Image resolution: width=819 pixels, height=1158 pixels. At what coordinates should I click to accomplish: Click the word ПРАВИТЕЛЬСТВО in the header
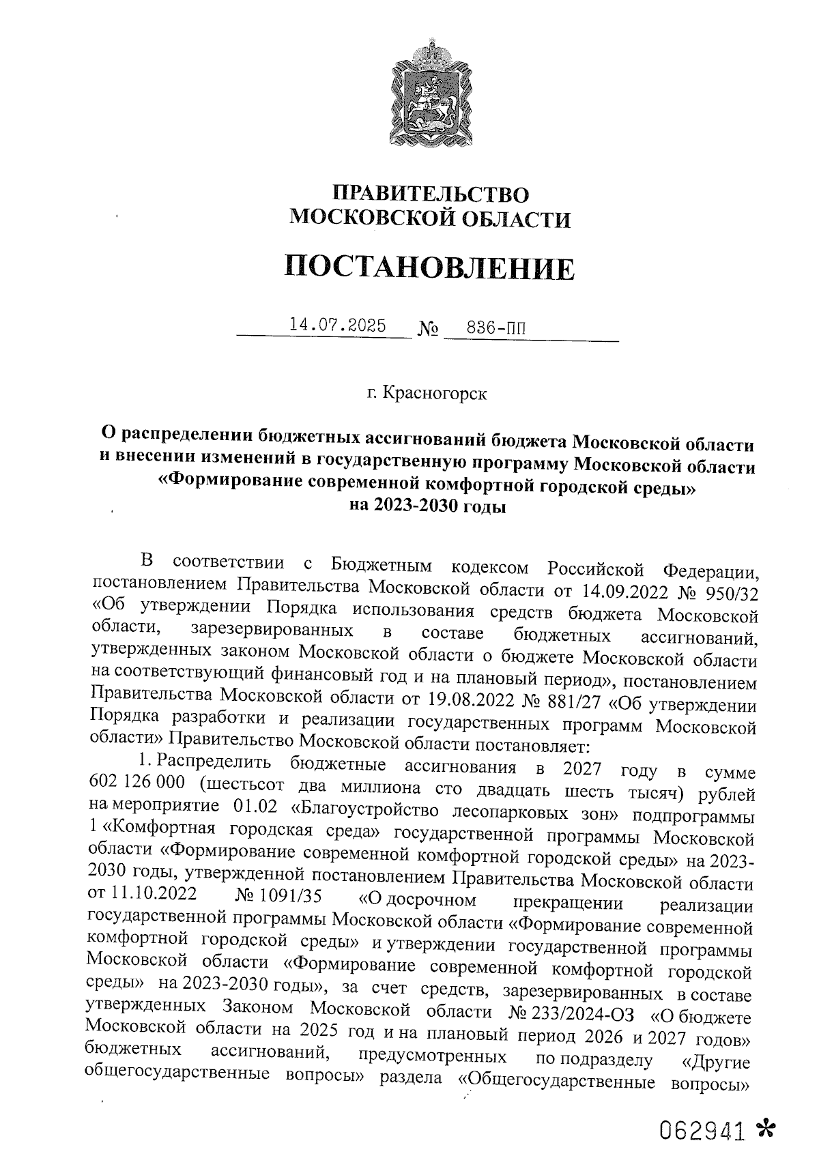[x=430, y=194]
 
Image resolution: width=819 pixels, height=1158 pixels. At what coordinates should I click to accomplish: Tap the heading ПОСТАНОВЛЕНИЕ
[x=429, y=267]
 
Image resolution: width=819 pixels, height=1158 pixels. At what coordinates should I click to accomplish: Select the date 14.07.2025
[x=337, y=325]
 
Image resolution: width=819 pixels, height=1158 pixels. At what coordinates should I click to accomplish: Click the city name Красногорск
[x=435, y=394]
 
